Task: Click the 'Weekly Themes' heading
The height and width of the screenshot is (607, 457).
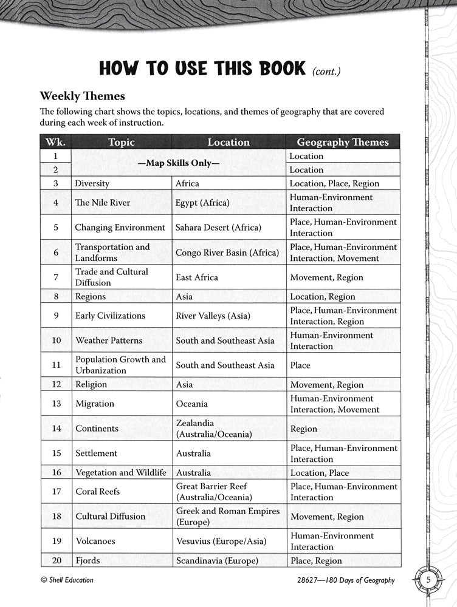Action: (82, 96)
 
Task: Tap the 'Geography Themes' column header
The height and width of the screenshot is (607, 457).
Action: (342, 142)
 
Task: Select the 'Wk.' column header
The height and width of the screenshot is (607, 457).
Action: (55, 142)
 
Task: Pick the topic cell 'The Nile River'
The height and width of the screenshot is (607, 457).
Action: (102, 203)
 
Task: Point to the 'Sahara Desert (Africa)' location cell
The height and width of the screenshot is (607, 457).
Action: (218, 228)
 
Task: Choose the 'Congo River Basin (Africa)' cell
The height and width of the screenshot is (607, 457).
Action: (227, 253)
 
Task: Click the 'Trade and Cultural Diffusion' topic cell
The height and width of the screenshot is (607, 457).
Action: (111, 277)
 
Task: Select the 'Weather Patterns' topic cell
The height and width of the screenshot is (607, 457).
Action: (109, 341)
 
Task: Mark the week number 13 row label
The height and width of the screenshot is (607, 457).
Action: (56, 404)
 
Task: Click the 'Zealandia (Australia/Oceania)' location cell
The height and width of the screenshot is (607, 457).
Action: (215, 429)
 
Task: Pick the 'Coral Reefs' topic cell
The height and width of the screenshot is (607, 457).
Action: (97, 492)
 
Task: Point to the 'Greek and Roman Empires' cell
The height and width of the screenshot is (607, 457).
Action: (227, 517)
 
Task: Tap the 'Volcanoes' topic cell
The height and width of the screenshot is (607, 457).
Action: (95, 541)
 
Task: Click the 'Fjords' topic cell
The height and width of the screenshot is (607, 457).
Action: (88, 561)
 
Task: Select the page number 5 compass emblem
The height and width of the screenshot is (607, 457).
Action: (428, 580)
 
